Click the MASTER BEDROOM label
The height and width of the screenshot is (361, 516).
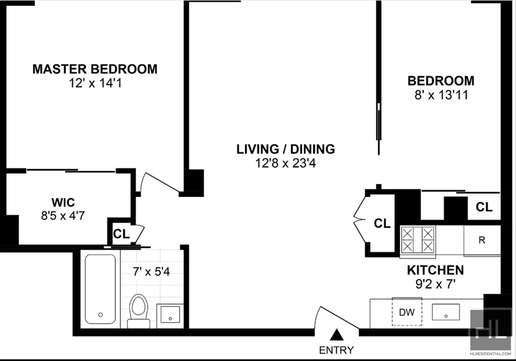coord(95,69)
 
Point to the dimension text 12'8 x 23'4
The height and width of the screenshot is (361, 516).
coord(286,163)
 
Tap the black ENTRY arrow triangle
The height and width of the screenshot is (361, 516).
coord(337,335)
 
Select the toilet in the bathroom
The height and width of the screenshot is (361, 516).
coord(139,311)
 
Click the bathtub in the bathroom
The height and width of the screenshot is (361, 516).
coord(101,289)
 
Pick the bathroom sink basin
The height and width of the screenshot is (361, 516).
coord(170,315)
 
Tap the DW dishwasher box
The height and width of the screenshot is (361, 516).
coord(407,311)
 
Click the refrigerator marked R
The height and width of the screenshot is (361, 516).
coord(482,240)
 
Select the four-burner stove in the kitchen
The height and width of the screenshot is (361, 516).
coord(417,240)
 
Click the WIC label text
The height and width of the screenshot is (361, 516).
coord(63,202)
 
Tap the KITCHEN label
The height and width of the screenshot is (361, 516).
coord(435,270)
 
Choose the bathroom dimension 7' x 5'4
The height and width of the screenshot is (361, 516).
coord(152,272)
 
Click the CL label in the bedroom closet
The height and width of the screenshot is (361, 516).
coord(484,207)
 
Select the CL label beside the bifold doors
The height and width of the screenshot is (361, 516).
coord(382,223)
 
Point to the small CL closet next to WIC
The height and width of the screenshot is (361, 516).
coord(121,234)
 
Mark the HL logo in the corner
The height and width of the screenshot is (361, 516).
coord(490,330)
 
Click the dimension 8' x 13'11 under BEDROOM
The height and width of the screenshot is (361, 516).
coord(441,96)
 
